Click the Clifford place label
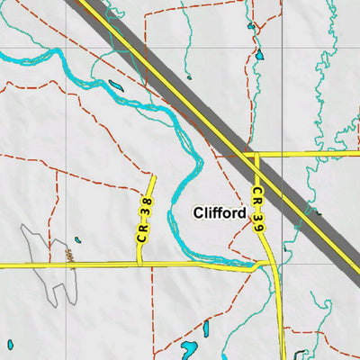point(220,213)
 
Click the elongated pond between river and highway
point(116,86)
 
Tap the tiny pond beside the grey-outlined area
point(77,240)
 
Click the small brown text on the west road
point(68,258)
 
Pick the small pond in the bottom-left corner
point(11,344)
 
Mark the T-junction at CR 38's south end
point(139,265)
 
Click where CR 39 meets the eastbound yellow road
point(256,154)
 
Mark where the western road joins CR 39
point(266,264)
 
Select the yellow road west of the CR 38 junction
point(63,265)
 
